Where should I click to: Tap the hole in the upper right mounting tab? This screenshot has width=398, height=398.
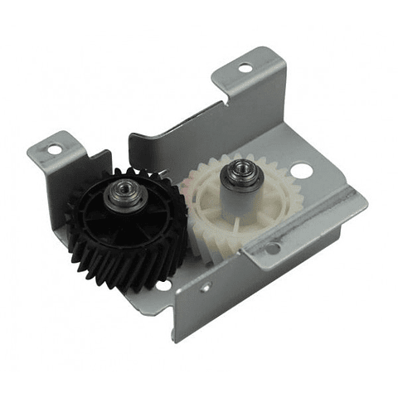pyautogui.click(x=245, y=67)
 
